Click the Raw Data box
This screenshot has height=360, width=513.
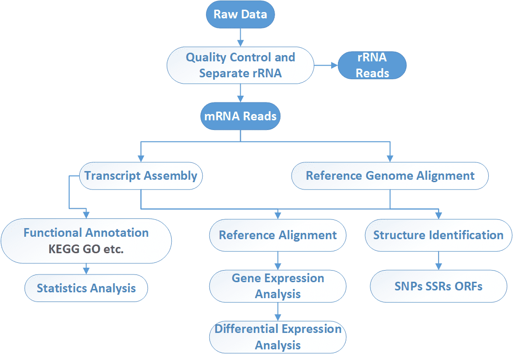pyautogui.click(x=240, y=14)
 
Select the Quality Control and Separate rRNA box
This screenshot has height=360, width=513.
pyautogui.click(x=240, y=65)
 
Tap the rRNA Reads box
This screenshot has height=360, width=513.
pyautogui.click(x=372, y=65)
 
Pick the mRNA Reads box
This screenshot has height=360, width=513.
pyautogui.click(x=240, y=116)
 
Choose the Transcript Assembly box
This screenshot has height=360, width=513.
pyautogui.click(x=141, y=175)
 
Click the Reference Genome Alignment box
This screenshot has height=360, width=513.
pyautogui.click(x=390, y=175)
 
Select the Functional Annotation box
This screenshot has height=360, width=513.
pyautogui.click(x=86, y=233)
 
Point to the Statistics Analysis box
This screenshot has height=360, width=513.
pyautogui.click(x=86, y=288)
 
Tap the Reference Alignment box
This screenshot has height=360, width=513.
pyautogui.click(x=278, y=235)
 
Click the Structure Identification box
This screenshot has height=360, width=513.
pyautogui.click(x=439, y=235)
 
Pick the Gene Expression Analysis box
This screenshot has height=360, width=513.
pyautogui.click(x=278, y=286)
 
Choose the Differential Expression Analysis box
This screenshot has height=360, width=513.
pyautogui.click(x=278, y=337)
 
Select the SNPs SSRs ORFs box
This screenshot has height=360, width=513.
pyautogui.click(x=439, y=286)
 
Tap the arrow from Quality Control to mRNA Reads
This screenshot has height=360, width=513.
pyautogui.click(x=240, y=93)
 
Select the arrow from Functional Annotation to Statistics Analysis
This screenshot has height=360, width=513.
pyautogui.click(x=86, y=268)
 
